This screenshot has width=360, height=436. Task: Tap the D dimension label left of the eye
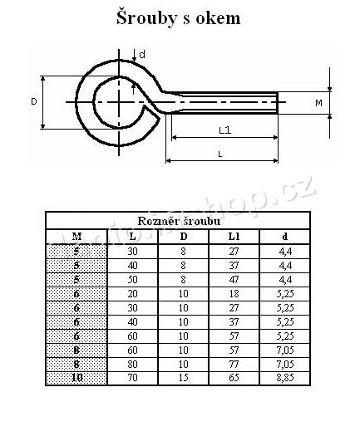point(34,101)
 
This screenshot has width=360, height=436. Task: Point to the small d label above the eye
point(142,54)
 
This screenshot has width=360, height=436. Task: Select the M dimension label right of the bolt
point(318,103)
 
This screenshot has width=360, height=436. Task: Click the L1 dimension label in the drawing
point(224,130)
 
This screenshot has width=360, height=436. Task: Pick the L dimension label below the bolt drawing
point(219,154)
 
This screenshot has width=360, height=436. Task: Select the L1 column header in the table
point(234,235)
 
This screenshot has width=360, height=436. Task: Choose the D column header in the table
point(183,235)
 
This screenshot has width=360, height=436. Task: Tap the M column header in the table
point(76,235)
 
